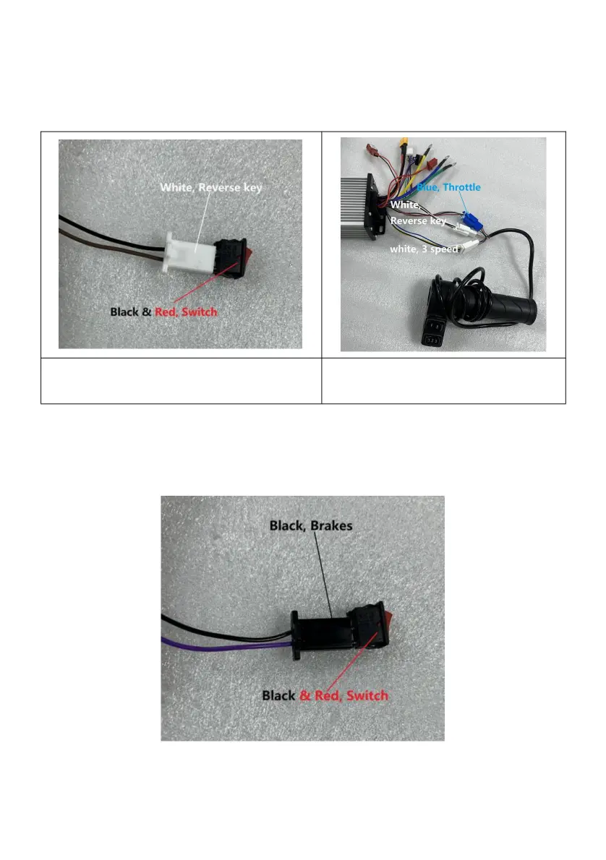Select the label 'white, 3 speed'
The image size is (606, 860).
[x=424, y=249]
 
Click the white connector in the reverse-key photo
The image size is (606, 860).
[x=191, y=253]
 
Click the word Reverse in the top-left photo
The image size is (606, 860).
[x=215, y=187]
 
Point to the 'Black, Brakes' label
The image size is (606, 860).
[x=311, y=525]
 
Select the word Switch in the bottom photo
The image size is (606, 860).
[x=367, y=695]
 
